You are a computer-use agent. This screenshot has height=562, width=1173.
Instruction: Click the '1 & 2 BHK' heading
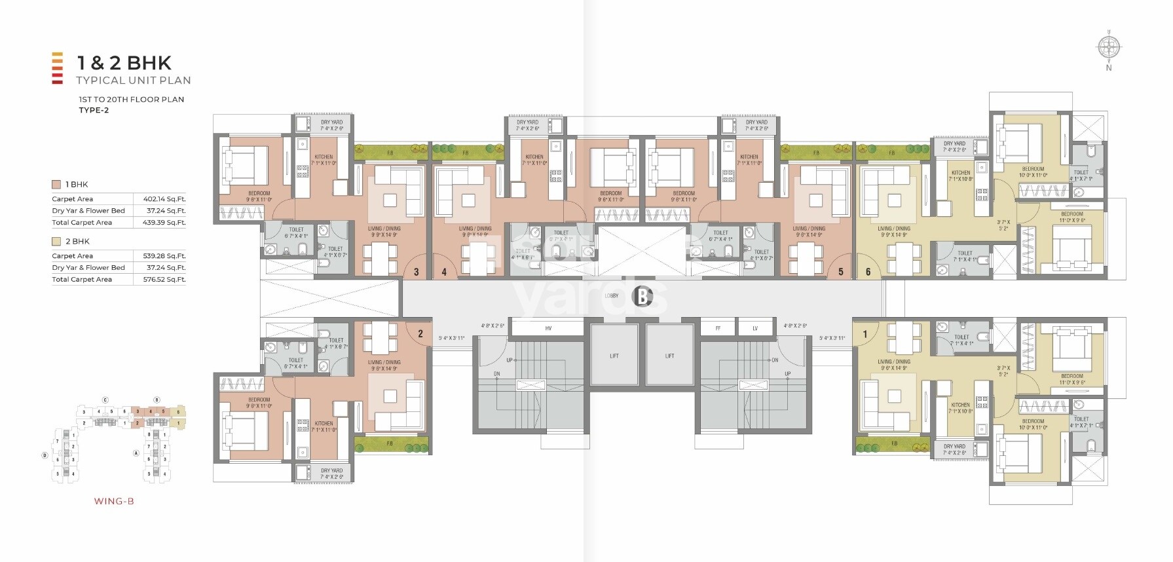point(124,63)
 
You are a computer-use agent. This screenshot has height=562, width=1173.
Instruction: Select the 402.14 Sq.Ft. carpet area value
point(164,199)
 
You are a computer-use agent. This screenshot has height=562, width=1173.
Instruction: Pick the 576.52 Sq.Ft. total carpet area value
point(164,280)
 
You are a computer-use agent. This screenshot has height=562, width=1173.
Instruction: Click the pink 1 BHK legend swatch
point(56,185)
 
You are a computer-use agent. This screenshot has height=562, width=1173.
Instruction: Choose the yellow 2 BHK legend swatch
point(56,242)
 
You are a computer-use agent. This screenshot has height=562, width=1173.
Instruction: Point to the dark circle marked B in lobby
point(642,297)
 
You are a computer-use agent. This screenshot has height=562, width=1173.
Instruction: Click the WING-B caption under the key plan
point(114,502)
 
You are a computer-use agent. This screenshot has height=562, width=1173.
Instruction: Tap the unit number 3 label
point(416,272)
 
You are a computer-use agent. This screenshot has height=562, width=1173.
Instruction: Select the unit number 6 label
point(868,272)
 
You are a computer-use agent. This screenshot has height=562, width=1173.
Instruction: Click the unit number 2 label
point(420,333)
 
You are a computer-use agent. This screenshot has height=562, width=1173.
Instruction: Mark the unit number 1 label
point(865,334)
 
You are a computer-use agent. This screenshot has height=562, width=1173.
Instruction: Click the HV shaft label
point(548,328)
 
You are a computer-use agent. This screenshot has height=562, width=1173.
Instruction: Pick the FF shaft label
point(718,328)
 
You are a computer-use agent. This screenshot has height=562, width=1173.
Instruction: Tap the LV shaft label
point(755,328)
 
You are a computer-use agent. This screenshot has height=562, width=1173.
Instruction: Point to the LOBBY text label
point(611,296)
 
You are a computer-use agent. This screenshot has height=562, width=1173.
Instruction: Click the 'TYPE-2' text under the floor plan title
point(94,110)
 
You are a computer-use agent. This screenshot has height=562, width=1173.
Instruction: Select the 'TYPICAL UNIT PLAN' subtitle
point(134,81)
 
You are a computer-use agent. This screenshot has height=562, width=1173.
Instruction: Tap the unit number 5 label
point(841,272)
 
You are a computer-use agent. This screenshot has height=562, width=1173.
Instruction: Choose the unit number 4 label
point(444,272)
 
